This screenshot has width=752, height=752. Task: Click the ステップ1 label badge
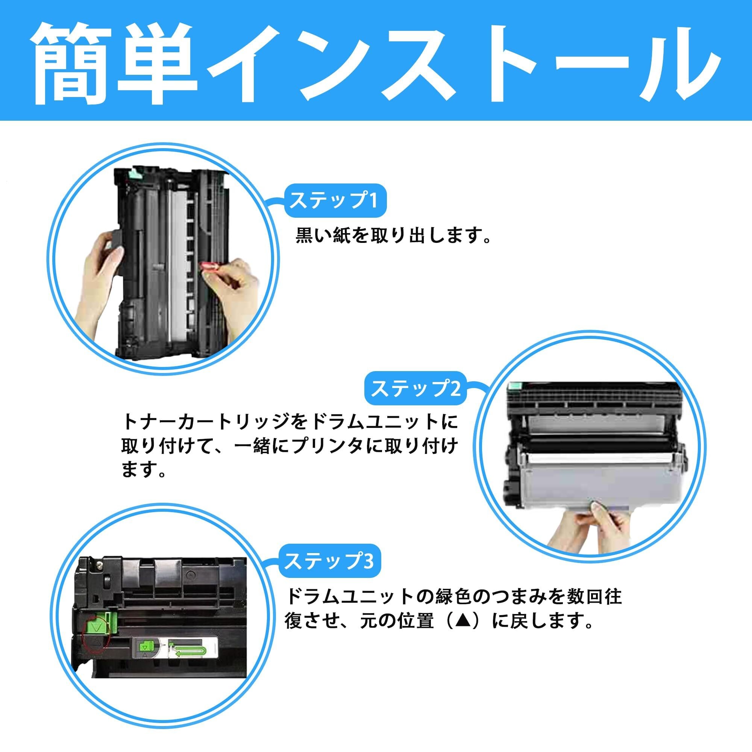[x=335, y=201]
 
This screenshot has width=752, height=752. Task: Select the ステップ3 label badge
[x=329, y=561]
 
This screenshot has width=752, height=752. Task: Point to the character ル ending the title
[x=677, y=64]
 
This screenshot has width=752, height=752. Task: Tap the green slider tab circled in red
[x=99, y=626]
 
